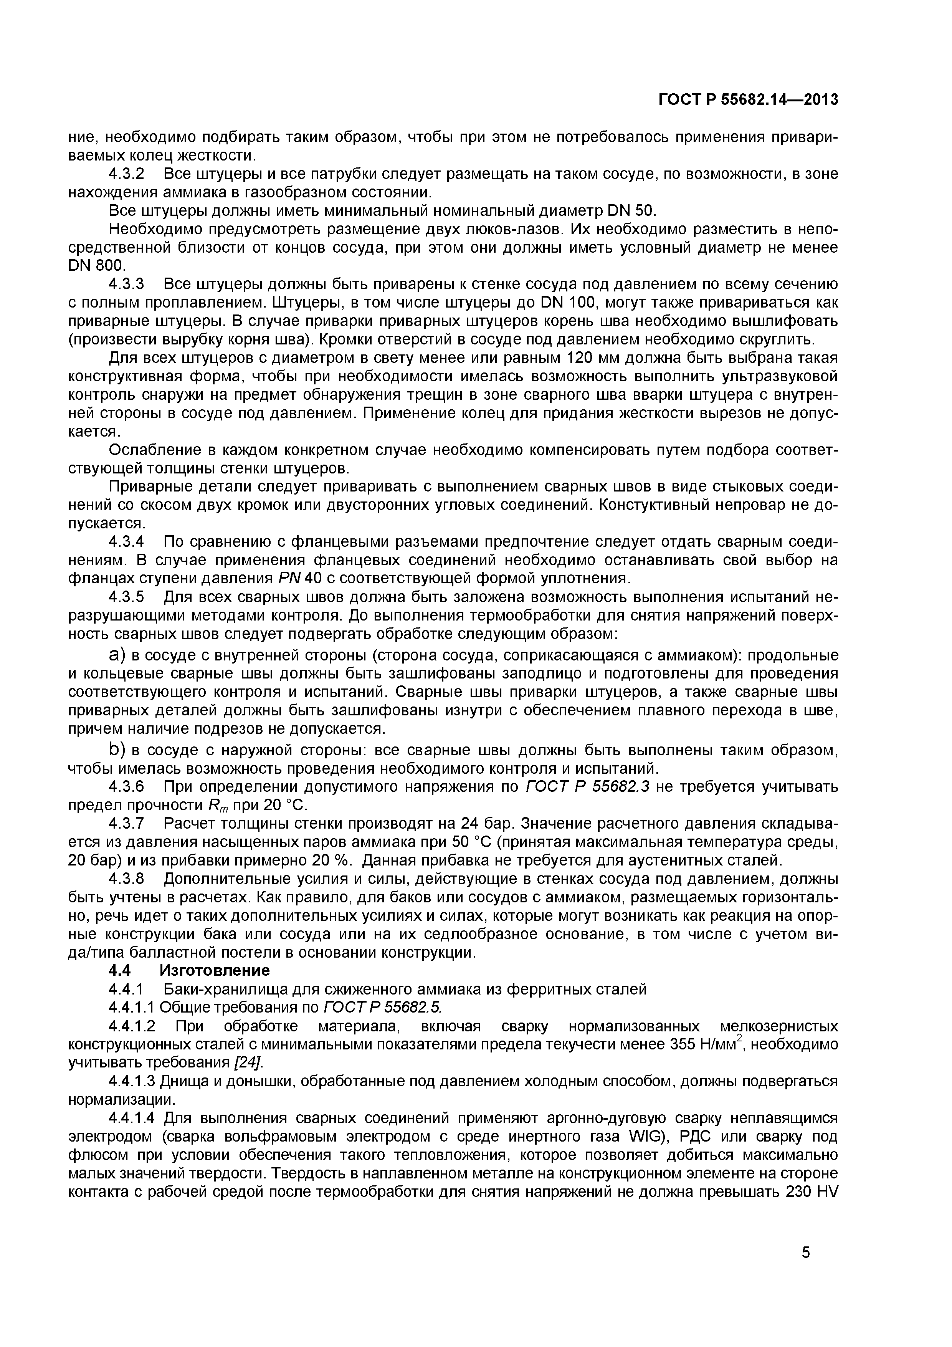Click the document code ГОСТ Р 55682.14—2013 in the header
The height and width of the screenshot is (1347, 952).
pos(748,100)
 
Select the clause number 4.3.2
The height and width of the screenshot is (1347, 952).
pos(126,174)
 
